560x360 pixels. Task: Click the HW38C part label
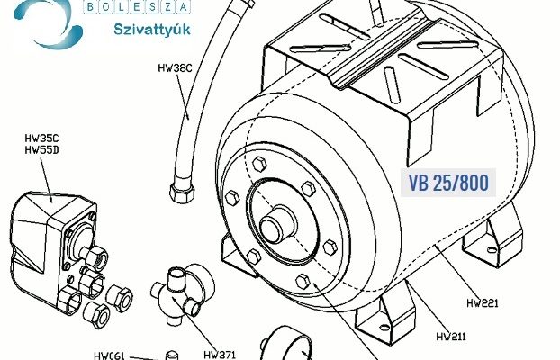tap(175, 67)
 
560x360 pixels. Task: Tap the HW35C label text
tap(41, 139)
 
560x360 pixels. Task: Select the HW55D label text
tap(41, 150)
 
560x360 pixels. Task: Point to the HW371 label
tap(220, 355)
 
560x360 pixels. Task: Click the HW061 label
tap(109, 355)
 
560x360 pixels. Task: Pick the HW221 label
tap(483, 303)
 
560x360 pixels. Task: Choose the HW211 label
tap(451, 337)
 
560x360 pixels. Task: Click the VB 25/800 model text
tap(448, 183)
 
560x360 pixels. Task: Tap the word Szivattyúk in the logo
tap(152, 30)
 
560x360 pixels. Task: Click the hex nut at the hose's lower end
tap(182, 193)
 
